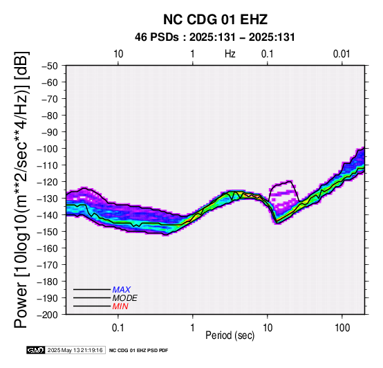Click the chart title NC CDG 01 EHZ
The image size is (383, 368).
[215, 19]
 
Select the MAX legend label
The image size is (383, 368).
[122, 290]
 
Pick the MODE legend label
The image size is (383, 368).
[125, 298]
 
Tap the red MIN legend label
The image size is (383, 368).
[120, 306]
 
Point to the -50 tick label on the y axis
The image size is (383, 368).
[49, 66]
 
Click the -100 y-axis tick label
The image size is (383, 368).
[47, 149]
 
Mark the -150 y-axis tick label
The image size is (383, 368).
[47, 232]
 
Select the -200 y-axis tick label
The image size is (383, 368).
[47, 315]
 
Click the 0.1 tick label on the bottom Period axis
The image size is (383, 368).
[118, 328]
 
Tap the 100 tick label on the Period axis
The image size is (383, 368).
[342, 328]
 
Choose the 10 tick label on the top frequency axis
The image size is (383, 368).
[118, 54]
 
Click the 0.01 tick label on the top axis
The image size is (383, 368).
[342, 54]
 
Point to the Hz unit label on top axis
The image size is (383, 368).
[230, 54]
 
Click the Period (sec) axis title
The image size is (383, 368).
[230, 335]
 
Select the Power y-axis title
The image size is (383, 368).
[21, 190]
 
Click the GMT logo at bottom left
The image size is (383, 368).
[36, 350]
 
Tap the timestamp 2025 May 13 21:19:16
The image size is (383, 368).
[75, 350]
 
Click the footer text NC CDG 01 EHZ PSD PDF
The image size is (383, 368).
[138, 351]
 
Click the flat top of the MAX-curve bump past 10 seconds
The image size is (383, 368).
[283, 183]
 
